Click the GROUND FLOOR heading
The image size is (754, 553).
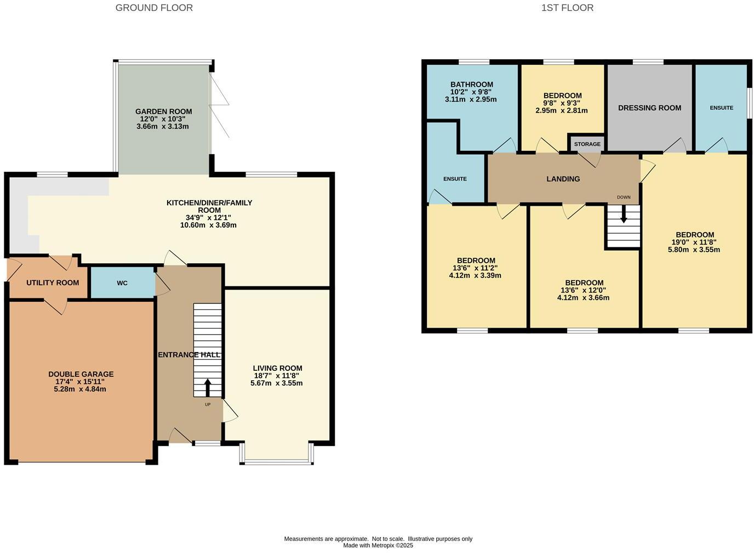154,8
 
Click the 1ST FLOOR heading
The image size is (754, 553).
567,8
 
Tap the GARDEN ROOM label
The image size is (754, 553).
163,111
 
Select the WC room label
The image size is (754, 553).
122,283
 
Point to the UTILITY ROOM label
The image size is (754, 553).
53,283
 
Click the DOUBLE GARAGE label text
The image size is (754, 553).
81,374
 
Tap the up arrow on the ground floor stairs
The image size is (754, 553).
207,387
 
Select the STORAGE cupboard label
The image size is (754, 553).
587,144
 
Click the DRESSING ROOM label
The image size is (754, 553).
649,108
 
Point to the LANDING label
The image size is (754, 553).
563,179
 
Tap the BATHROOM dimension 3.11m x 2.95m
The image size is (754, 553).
471,100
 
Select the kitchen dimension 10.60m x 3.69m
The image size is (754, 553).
208,225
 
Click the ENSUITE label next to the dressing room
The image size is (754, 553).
721,108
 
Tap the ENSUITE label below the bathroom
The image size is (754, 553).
455,179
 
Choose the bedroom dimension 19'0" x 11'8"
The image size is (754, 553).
694,242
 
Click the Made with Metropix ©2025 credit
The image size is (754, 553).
378,545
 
